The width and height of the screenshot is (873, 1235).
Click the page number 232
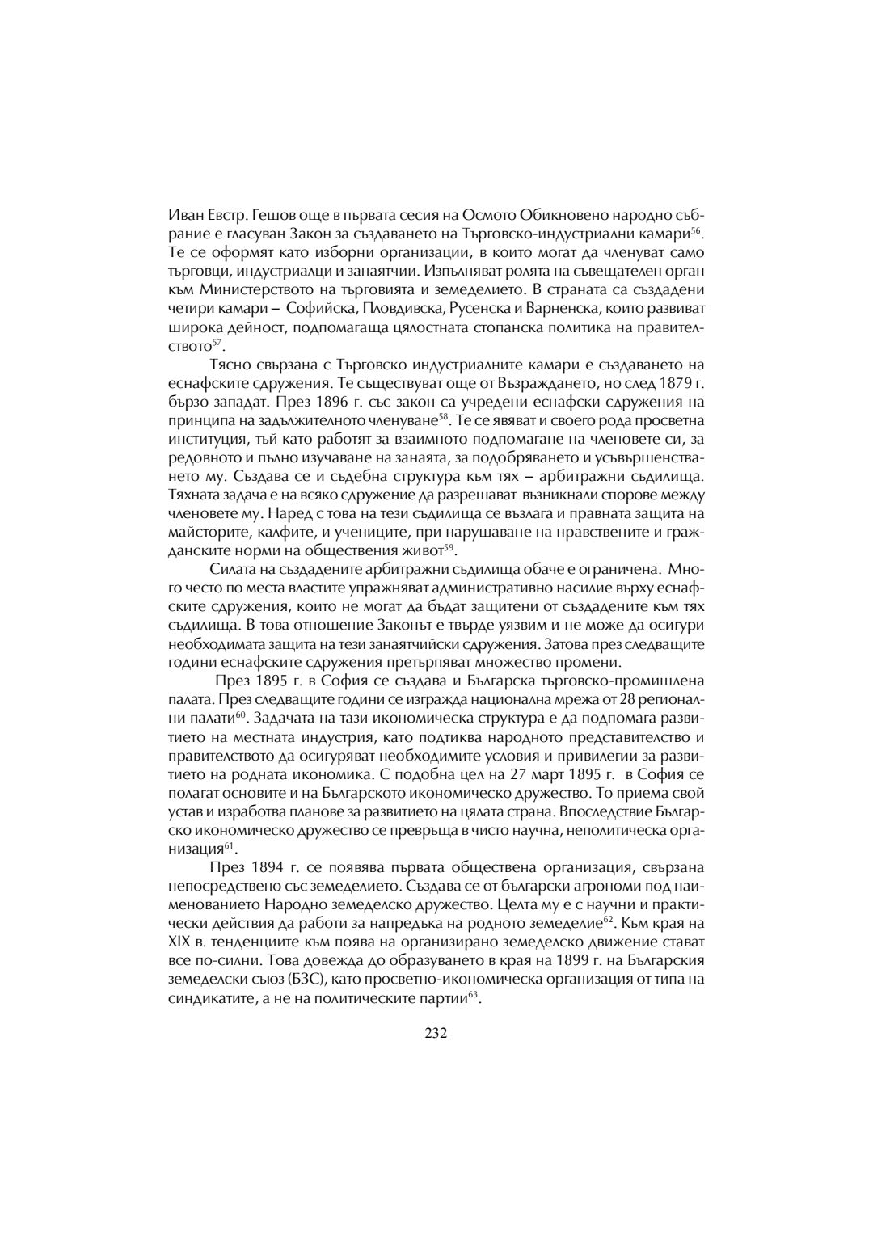pos(436,1032)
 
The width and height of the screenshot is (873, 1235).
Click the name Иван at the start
pos(185,215)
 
